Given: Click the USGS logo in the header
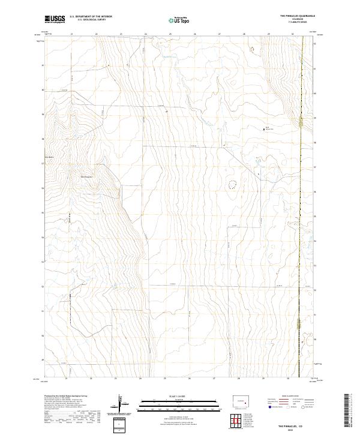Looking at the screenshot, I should click(x=55, y=19).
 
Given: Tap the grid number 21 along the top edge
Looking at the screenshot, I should click(x=71, y=34).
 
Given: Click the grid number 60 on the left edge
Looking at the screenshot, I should click(x=43, y=90).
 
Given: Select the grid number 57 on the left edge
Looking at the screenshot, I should click(x=43, y=163).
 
